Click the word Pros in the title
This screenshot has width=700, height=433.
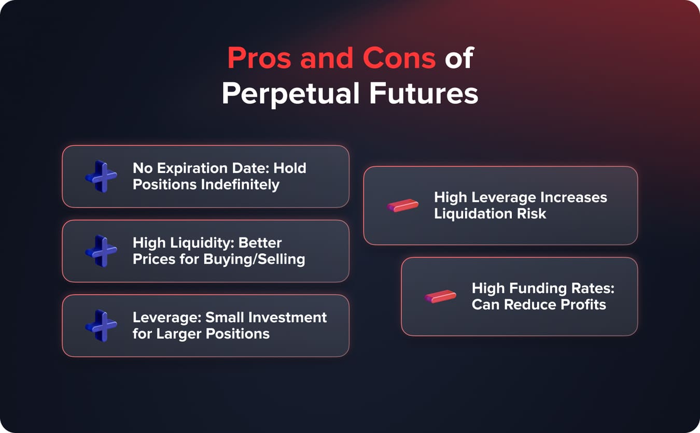259,58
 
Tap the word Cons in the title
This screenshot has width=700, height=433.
399,58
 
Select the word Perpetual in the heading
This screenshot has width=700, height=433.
290,94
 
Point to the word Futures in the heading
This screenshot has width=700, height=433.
424,93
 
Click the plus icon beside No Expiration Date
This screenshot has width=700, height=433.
101,177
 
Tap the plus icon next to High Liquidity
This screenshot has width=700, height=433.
101,251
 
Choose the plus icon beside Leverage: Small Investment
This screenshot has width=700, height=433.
101,326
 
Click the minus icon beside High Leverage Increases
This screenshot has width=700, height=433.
402,206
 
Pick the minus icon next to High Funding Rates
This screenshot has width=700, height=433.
440,296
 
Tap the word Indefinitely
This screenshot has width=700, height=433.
240,184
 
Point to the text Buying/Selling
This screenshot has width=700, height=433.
254,259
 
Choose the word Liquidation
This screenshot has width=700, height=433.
473,214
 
